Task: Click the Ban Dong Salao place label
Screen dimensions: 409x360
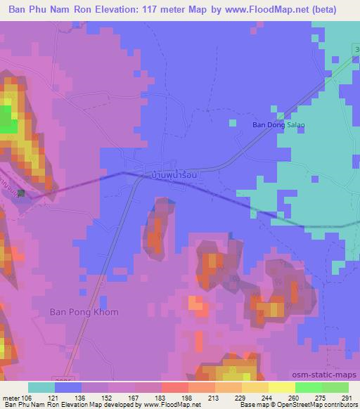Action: pos(279,125)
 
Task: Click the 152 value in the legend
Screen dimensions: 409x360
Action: pos(105,397)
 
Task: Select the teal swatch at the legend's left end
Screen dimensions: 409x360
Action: pos(41,387)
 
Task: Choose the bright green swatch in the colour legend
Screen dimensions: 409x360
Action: pos(308,387)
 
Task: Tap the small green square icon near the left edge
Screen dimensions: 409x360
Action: pos(21,193)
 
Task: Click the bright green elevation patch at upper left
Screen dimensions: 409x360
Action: pos(8,118)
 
